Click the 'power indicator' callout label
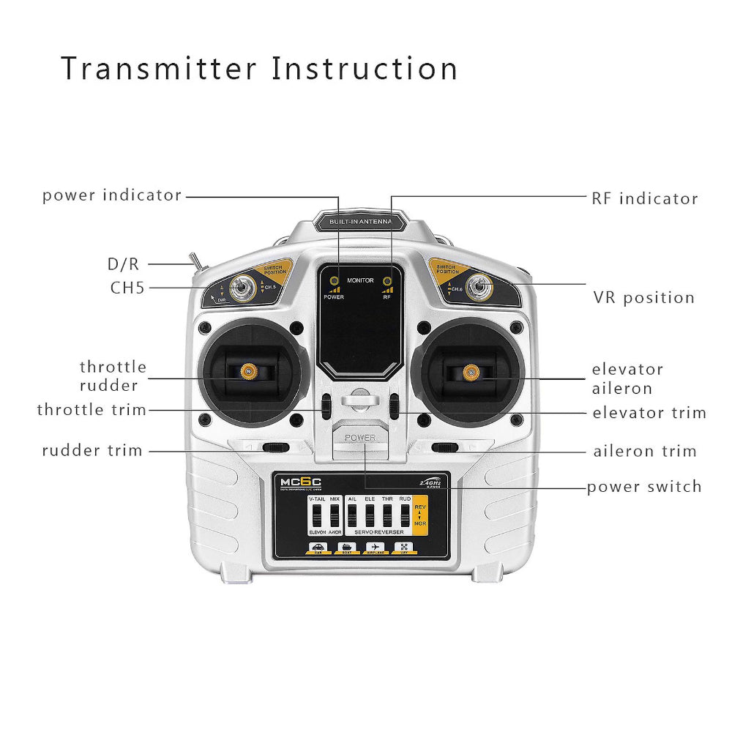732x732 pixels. point(111,195)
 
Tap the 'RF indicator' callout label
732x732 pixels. point(644,198)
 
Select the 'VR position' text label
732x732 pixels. point(643,298)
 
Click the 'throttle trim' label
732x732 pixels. point(92,410)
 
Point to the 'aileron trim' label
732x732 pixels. point(644,452)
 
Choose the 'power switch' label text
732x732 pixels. point(644,487)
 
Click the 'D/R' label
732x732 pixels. point(123,264)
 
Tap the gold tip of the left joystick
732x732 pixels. point(250,372)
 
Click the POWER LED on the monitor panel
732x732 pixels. point(334,281)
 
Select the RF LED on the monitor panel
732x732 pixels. point(386,281)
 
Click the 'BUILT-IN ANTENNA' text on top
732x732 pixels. point(360,221)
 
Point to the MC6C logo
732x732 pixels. point(300,482)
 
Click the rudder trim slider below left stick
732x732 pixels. point(276,447)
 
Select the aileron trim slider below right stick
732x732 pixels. point(445,447)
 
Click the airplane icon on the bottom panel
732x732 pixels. point(376,547)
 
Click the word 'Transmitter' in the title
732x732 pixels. point(158,69)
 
